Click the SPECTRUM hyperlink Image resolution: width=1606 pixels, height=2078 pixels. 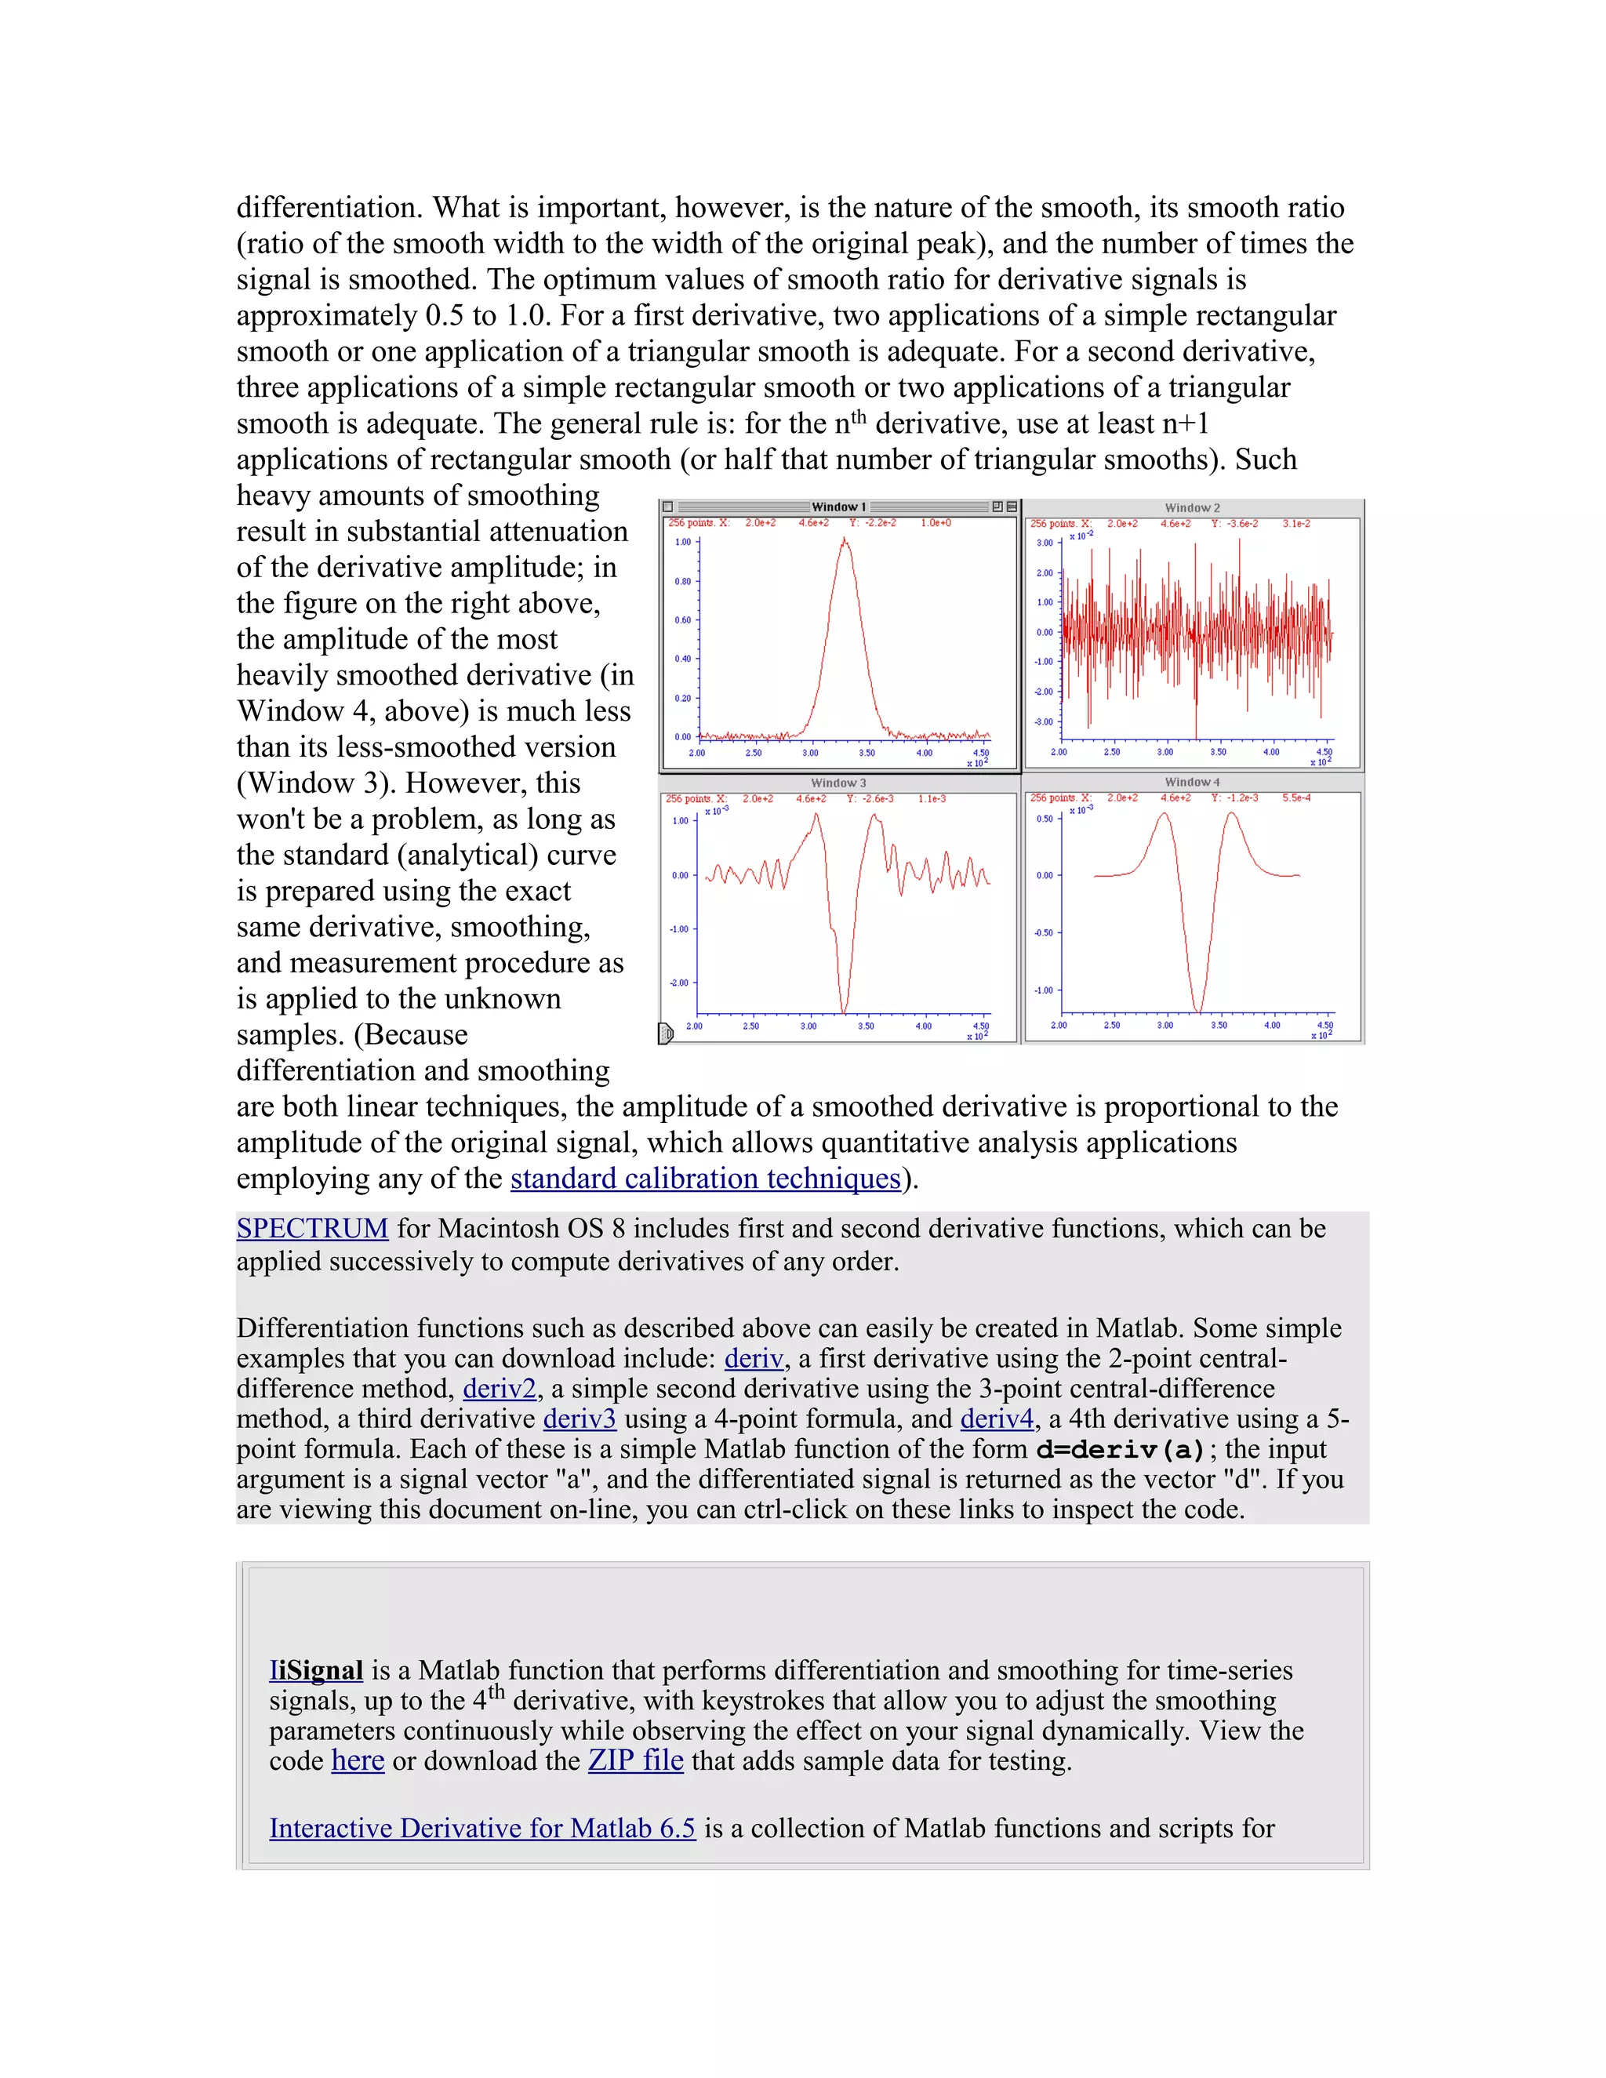point(312,1228)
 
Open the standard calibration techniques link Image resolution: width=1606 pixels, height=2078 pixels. point(705,1179)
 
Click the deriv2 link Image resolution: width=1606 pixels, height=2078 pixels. point(500,1390)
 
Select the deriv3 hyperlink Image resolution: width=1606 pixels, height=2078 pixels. point(580,1419)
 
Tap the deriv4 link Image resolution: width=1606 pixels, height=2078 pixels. point(996,1419)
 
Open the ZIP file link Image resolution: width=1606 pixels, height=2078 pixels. point(635,1761)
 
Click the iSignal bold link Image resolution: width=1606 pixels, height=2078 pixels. point(316,1671)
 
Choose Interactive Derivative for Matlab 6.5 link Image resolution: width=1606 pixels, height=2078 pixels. point(482,1829)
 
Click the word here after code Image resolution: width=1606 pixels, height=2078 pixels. point(358,1761)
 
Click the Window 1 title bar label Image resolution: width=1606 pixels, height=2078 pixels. point(838,507)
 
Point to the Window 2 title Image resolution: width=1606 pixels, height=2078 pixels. point(1192,508)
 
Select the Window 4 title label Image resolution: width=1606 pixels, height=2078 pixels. point(1192,782)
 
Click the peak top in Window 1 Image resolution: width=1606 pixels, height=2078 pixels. point(844,539)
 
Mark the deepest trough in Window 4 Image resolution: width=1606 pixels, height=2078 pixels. point(1198,1011)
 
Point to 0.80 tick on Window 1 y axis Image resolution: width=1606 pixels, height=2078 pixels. point(683,581)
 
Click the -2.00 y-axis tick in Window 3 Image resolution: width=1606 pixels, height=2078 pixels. point(679,983)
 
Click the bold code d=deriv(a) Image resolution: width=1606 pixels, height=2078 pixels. point(1121,1450)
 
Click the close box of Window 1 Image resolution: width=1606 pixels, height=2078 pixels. point(668,507)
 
